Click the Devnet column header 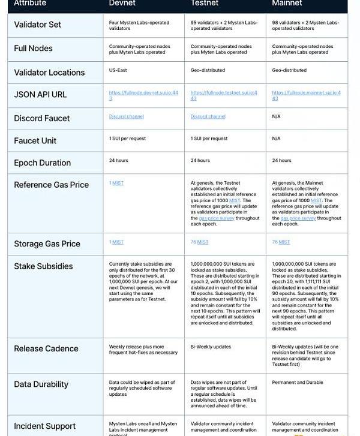(122, 3)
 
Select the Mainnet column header (286, 3)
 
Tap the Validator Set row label (37, 25)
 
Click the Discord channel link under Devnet (126, 116)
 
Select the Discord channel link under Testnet (208, 116)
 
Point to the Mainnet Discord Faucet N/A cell (276, 116)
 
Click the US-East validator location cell (119, 70)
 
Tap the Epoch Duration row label (42, 163)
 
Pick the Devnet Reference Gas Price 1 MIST (116, 183)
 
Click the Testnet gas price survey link (216, 218)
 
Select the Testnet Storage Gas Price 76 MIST (199, 242)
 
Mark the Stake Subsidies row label (43, 266)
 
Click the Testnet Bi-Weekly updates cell (211, 347)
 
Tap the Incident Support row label (44, 426)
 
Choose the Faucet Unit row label (35, 140)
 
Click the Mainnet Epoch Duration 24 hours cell (281, 160)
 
